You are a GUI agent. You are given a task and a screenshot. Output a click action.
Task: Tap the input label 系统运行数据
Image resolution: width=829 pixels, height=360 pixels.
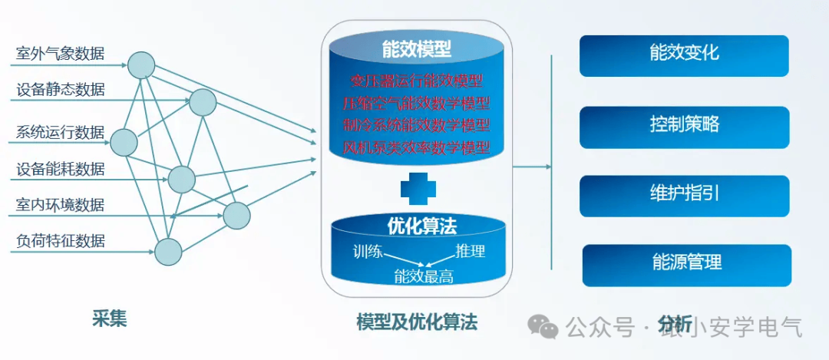point(61,132)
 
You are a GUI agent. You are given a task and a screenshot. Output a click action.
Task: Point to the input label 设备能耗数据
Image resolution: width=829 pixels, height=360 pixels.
point(61,169)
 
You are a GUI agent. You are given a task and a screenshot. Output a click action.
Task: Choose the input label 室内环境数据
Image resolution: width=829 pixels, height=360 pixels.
point(61,205)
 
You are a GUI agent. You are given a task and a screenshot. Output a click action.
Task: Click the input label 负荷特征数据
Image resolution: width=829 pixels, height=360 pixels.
point(61,241)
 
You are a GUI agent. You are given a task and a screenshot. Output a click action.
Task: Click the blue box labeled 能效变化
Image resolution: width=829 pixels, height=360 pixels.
point(684,54)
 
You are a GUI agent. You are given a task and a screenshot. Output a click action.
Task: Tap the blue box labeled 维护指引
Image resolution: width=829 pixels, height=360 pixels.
point(684,194)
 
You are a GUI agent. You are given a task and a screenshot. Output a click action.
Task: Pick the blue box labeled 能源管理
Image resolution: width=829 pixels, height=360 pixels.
point(686,263)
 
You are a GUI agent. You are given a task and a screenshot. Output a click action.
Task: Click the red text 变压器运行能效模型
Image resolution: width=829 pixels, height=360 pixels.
point(416,80)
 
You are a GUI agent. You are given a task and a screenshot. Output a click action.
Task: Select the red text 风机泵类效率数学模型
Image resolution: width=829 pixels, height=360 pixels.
point(416,147)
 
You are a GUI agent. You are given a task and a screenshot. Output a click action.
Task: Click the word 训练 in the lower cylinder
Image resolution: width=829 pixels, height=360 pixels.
point(368,252)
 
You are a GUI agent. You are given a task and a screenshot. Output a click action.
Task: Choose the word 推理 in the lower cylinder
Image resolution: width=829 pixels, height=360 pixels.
point(471,251)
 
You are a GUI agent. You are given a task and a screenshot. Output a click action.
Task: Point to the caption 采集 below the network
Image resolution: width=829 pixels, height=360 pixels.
point(110,318)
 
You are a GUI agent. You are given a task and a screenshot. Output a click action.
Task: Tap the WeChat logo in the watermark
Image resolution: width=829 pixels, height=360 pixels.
point(547,328)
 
